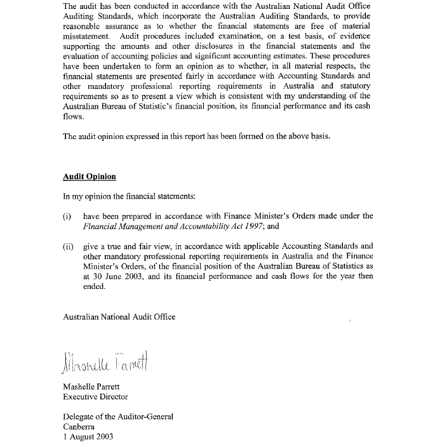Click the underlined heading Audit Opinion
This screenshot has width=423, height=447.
tap(90, 177)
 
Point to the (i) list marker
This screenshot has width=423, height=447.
tap(67, 217)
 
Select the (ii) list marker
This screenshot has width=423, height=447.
tap(68, 246)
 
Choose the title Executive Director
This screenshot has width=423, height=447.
tap(95, 397)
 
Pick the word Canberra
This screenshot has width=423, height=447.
tap(80, 427)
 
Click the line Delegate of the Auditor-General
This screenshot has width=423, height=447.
tap(118, 417)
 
